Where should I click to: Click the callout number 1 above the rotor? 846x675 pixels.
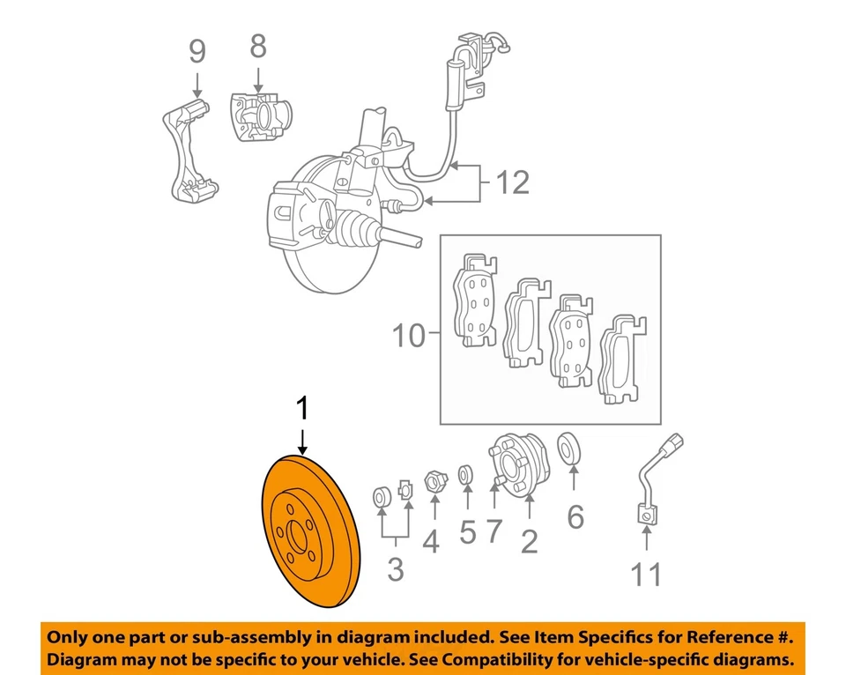coord(303,409)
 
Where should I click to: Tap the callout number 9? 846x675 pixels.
coord(197,52)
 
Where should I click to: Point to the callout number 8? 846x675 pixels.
coord(257,46)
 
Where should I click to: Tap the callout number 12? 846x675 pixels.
coord(512,182)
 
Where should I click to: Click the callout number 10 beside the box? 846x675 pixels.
coord(409,336)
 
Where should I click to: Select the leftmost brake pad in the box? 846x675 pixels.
coord(476,304)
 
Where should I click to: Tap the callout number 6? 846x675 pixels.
coord(575,516)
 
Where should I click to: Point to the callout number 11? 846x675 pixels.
coord(645,575)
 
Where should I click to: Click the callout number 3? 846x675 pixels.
coord(396,570)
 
